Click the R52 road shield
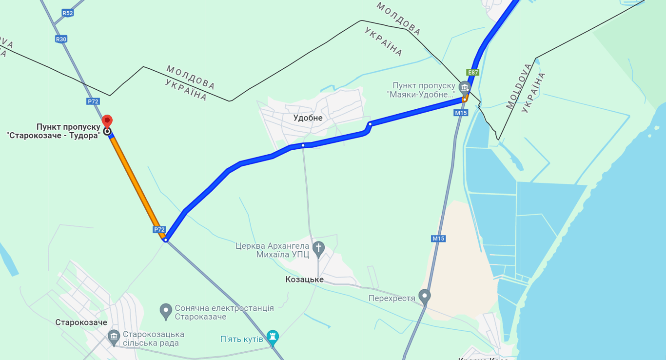pyautogui.click(x=67, y=13)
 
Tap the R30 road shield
pyautogui.click(x=61, y=39)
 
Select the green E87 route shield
pyautogui.click(x=473, y=73)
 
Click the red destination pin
pyautogui.click(x=107, y=121)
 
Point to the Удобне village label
pyautogui.click(x=308, y=118)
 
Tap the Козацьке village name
pyautogui.click(x=305, y=280)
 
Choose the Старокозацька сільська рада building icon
pyautogui.click(x=114, y=336)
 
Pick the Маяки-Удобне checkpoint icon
pyautogui.click(x=464, y=88)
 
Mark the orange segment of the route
pyautogui.click(x=137, y=185)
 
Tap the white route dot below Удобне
pyautogui.click(x=303, y=145)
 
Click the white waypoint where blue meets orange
pyautogui.click(x=166, y=240)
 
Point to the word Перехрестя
pyautogui.click(x=392, y=298)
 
